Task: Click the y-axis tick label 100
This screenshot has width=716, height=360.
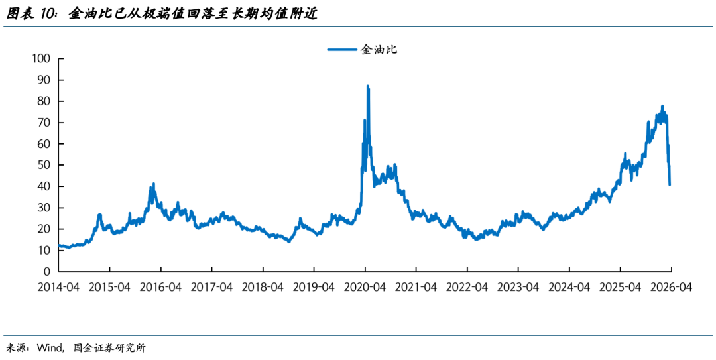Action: tap(41, 58)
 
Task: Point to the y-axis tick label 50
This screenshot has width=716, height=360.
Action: tap(44, 165)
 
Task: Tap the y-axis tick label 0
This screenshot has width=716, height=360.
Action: tap(47, 272)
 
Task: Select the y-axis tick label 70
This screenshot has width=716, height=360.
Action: tap(44, 123)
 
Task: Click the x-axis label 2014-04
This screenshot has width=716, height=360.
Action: tap(58, 288)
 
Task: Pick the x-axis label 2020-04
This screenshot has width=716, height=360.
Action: tap(365, 288)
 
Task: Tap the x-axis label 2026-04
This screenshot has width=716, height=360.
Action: tap(671, 288)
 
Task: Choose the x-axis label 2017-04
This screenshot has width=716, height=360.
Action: tap(212, 288)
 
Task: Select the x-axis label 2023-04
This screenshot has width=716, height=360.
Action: tap(518, 288)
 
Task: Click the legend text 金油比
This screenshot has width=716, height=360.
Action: tap(379, 49)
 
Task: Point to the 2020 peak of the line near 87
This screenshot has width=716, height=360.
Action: tap(367, 86)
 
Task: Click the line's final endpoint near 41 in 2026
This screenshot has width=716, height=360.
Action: tap(670, 184)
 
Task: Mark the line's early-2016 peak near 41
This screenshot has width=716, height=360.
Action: tap(153, 184)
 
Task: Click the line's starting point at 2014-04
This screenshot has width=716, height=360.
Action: tap(60, 245)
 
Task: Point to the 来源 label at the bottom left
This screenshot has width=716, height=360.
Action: tap(17, 348)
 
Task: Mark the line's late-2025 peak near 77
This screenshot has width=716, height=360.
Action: tap(662, 106)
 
